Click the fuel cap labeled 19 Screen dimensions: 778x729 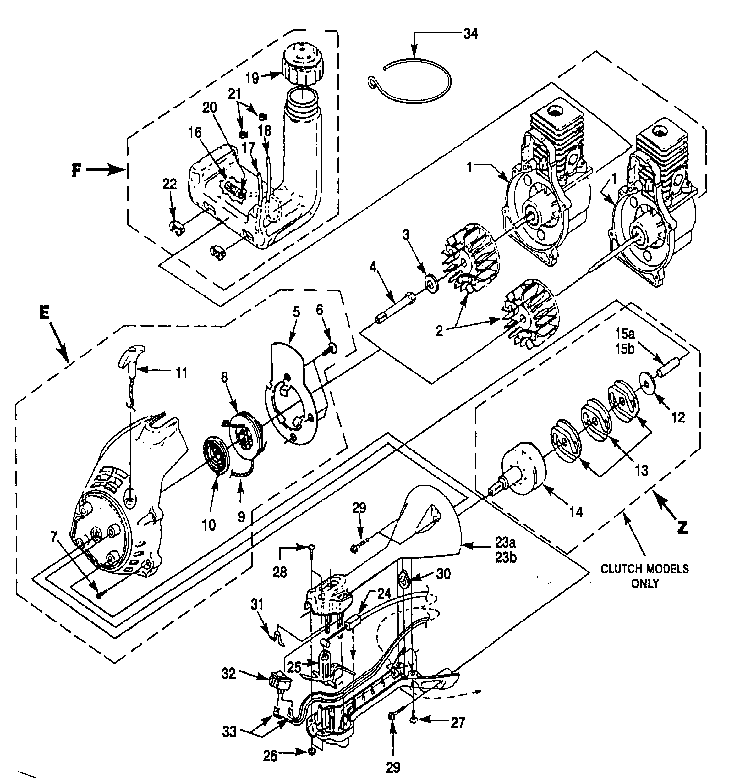[301, 63]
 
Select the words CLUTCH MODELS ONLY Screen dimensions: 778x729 [644, 576]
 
